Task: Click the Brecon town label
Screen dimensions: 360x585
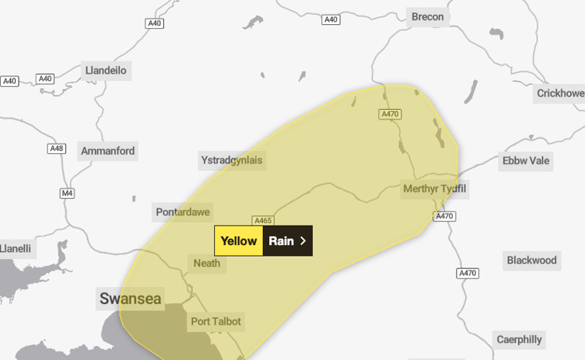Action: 428,17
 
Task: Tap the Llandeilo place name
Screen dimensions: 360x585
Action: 105,71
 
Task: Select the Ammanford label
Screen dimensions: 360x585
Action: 107,151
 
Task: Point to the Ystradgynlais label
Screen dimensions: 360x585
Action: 232,161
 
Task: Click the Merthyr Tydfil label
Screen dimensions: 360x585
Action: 436,189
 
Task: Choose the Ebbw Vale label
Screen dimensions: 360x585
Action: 526,161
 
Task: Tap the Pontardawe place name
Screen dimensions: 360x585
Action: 184,211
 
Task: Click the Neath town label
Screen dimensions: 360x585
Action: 207,263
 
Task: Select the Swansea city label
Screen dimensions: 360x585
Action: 130,299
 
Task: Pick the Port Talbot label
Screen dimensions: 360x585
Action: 215,321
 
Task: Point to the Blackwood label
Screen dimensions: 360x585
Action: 531,260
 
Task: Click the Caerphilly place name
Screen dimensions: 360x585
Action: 520,339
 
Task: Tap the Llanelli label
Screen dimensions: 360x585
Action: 16,249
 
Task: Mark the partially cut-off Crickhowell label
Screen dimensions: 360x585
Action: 559,93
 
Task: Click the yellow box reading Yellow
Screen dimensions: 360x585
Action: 239,241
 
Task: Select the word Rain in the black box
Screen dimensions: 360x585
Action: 281,241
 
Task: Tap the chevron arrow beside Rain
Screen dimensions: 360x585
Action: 303,241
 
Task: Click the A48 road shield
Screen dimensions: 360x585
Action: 56,149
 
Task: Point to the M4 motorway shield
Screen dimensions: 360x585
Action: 67,193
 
